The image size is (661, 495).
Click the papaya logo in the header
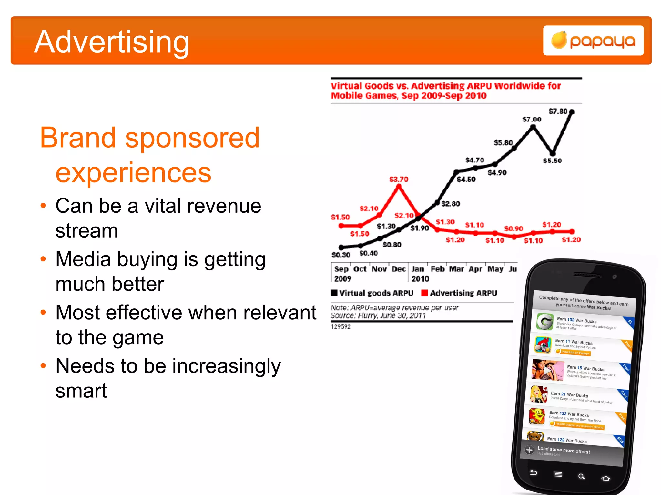click(593, 41)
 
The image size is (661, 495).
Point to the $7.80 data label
click(557, 111)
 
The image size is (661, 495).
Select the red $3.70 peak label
click(398, 179)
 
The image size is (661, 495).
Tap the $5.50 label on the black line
click(552, 160)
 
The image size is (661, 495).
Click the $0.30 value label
click(341, 255)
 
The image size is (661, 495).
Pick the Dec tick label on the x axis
click(399, 269)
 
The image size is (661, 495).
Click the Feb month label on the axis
click(437, 269)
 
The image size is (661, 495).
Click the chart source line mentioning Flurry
click(378, 315)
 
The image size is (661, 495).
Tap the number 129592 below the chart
click(341, 326)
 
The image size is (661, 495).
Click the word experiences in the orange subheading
click(133, 173)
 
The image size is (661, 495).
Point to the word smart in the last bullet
click(81, 391)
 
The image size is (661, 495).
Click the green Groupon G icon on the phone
click(545, 321)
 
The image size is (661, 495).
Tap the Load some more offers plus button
click(529, 450)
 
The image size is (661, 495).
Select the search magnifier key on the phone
click(581, 476)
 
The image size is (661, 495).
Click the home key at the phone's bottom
click(605, 478)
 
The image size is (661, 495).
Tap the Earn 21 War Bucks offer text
click(569, 394)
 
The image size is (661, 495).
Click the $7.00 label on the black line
click(532, 119)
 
